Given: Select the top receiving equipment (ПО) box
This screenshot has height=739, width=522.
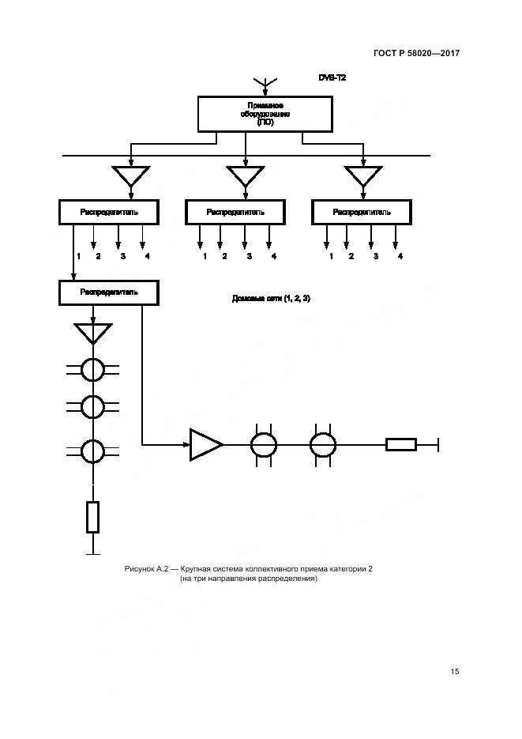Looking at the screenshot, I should click(x=264, y=114).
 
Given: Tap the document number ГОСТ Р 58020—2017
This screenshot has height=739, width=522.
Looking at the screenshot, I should click(x=416, y=53).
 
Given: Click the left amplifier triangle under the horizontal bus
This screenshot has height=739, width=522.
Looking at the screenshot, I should click(x=131, y=175).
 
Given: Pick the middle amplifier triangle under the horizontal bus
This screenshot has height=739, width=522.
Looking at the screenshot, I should click(x=246, y=175).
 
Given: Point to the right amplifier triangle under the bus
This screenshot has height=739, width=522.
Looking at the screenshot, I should click(x=363, y=175).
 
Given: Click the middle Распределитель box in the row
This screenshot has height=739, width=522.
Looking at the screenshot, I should click(x=235, y=212).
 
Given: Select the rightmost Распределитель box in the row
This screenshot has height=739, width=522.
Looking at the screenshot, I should click(x=362, y=212).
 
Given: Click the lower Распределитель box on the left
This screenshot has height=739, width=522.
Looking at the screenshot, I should click(x=109, y=292).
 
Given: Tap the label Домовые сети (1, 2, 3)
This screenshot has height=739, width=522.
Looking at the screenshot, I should click(x=271, y=298).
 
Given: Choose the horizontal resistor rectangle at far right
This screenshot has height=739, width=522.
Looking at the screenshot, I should click(x=401, y=445).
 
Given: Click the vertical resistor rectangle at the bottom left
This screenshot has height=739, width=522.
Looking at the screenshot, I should click(x=93, y=517).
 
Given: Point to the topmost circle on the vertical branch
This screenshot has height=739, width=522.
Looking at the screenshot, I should click(x=93, y=369).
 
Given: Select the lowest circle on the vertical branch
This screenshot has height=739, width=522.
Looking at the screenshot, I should click(x=93, y=451).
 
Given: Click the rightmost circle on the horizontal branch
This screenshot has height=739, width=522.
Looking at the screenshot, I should click(x=322, y=445).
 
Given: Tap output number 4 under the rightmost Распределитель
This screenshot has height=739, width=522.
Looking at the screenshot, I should click(x=400, y=256).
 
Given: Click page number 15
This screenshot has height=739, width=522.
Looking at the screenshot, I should click(x=455, y=672).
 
